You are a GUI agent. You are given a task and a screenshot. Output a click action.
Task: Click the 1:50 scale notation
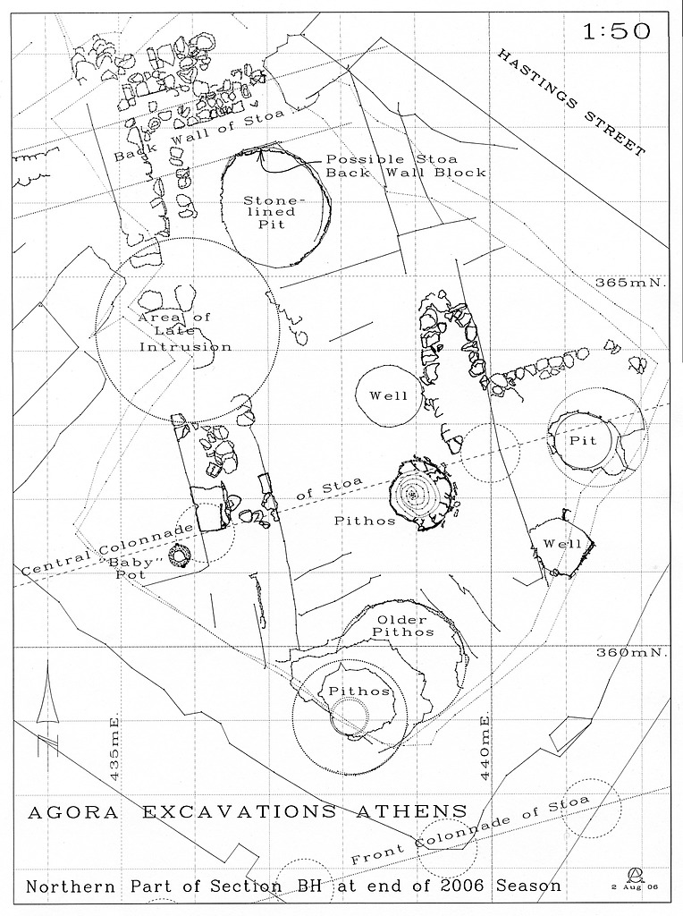616,31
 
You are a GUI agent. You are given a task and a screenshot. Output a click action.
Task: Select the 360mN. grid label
630,653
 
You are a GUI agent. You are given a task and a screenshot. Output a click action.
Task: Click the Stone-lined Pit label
275,213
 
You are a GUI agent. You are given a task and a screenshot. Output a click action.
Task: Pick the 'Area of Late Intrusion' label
185,332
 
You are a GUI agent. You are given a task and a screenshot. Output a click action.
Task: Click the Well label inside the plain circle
389,396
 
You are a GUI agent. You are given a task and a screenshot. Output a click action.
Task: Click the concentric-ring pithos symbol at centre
415,494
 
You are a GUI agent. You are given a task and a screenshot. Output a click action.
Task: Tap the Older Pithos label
405,625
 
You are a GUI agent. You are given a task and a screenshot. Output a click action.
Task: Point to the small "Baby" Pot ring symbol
181,558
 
